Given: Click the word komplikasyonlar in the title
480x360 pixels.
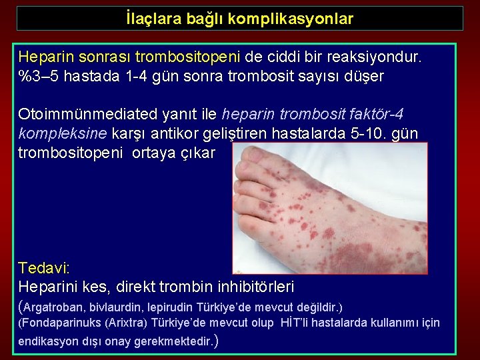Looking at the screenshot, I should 291,19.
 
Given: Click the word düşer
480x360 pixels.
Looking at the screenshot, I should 365,76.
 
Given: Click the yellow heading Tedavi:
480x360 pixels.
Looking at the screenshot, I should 44,268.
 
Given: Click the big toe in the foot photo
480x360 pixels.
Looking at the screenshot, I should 253,158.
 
